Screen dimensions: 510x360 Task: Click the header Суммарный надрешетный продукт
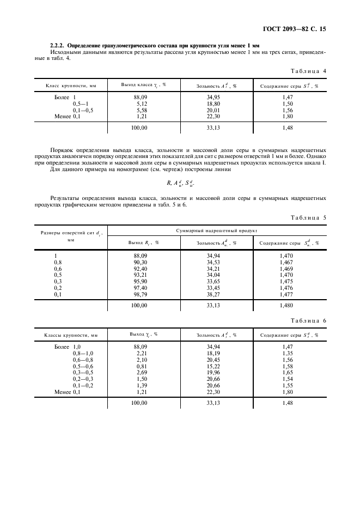click(216, 232)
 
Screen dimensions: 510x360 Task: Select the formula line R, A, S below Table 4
click(179, 184)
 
